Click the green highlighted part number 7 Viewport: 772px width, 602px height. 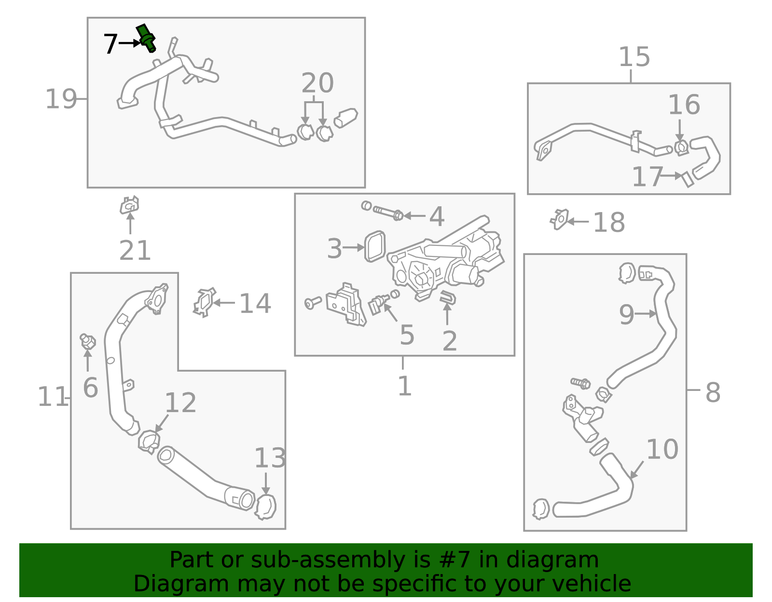tap(146, 37)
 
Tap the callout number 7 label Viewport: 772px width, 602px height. tap(110, 44)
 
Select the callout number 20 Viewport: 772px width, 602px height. tap(317, 83)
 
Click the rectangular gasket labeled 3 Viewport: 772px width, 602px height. tap(375, 246)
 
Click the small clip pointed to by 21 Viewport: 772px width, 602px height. tap(129, 206)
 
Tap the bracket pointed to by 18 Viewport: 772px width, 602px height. tap(560, 220)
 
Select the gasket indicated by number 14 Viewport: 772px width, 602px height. tap(204, 303)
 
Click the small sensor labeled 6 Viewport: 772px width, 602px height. tap(87, 341)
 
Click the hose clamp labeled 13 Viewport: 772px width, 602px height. tap(265, 507)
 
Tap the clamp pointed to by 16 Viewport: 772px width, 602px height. tap(681, 147)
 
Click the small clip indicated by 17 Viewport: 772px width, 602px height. tap(687, 179)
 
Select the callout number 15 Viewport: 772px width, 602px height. tap(634, 57)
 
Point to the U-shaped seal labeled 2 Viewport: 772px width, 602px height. tap(448, 297)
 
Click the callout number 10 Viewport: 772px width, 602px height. tap(662, 449)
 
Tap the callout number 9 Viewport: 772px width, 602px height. tap(626, 315)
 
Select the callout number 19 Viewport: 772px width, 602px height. tap(61, 99)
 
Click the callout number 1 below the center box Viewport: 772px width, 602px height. tap(404, 386)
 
